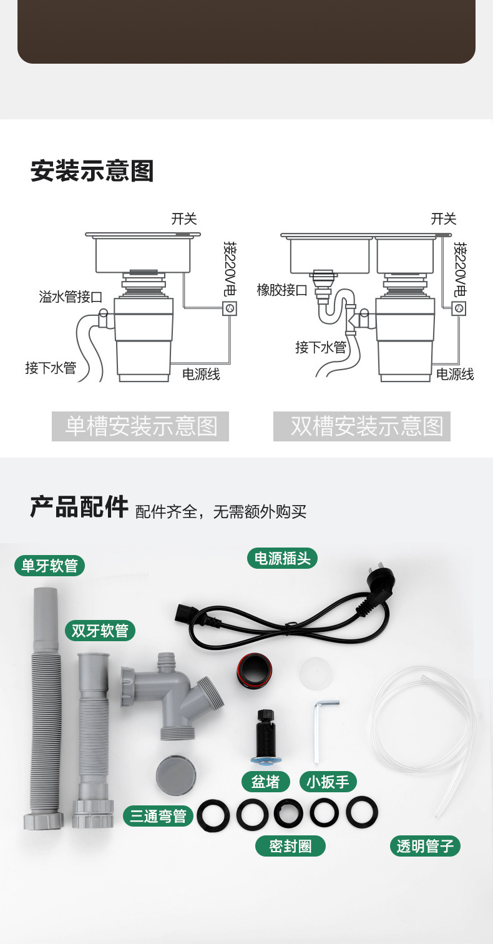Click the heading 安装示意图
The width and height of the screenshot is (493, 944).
[x=92, y=170]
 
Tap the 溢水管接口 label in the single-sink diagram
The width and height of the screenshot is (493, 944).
[x=71, y=297]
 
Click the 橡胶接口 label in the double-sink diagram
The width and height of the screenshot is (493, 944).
[x=282, y=290]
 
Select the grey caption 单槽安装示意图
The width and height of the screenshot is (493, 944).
[x=140, y=426]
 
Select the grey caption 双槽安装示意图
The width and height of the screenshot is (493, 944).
[x=362, y=426]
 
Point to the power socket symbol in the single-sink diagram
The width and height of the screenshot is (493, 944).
[x=230, y=308]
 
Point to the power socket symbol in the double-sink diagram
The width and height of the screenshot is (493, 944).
[x=459, y=308]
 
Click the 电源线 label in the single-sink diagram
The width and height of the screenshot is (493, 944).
[x=201, y=374]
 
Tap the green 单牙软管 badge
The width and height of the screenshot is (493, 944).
[x=50, y=566]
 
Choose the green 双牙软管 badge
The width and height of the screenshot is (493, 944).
[x=100, y=631]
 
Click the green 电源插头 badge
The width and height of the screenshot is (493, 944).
[x=282, y=558]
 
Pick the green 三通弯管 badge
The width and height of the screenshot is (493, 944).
[x=158, y=816]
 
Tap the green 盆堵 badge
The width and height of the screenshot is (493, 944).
[x=265, y=782]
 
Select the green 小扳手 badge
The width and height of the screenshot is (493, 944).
[x=328, y=782]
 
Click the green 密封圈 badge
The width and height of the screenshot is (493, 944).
[x=290, y=846]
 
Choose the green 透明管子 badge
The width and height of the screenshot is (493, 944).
[x=425, y=846]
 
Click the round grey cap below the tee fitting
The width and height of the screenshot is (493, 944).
[x=176, y=776]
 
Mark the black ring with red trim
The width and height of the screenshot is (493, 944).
[x=254, y=670]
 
